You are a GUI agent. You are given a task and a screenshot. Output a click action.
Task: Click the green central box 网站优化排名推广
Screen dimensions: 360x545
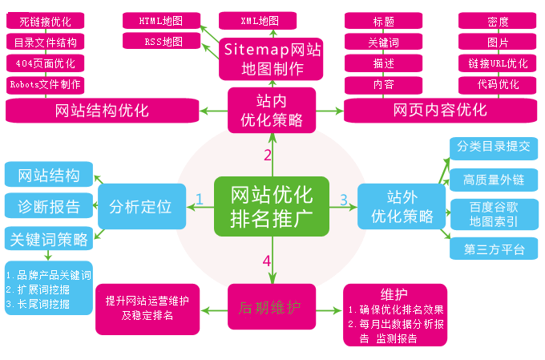coord(272,207)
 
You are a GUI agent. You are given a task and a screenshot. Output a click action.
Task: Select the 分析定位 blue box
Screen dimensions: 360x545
coord(141,207)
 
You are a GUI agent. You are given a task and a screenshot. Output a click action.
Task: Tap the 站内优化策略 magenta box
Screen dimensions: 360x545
coord(272,111)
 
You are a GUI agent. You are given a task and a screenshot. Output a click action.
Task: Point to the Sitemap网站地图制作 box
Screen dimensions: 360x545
coord(272,59)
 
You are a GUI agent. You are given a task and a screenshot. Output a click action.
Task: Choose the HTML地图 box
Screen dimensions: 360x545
coord(163,19)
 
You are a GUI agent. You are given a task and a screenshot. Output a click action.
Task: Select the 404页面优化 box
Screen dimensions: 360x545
coord(45,63)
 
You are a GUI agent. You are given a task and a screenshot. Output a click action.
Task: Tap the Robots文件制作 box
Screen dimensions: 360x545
coord(45,83)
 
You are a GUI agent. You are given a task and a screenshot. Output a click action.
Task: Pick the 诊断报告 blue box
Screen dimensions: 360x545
coord(48,207)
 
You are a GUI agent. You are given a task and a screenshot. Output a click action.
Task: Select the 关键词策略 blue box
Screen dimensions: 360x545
coord(48,239)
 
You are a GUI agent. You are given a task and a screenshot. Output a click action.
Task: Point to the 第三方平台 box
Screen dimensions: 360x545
coord(494,249)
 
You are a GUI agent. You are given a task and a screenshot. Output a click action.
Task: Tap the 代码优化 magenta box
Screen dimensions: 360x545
coord(497,84)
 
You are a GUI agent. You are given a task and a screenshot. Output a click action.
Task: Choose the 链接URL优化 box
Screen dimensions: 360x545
coord(497,63)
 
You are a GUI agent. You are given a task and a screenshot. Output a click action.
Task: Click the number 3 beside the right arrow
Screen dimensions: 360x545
coord(343,199)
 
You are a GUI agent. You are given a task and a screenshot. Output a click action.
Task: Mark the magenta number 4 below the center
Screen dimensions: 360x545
coord(266,261)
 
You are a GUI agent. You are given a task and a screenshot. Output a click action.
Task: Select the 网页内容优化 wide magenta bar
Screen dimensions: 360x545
coord(439,110)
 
